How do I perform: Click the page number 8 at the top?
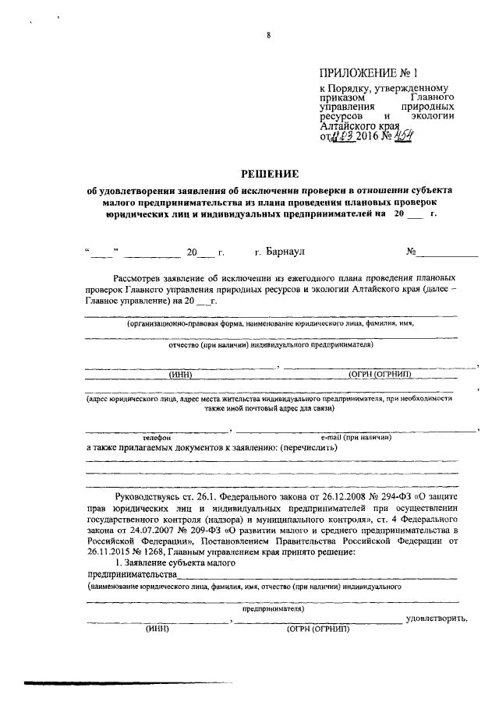(267, 35)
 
